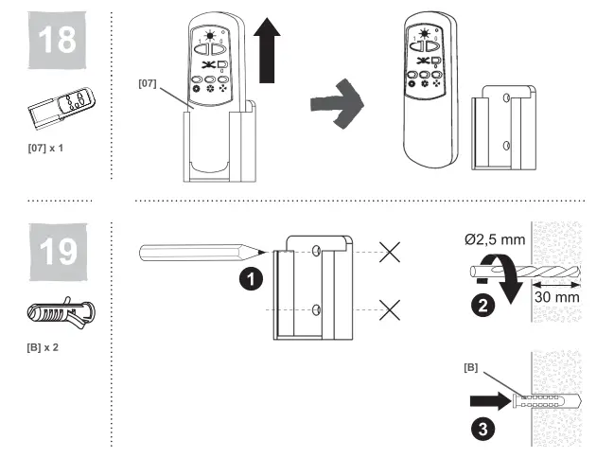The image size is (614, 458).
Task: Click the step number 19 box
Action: click(x=55, y=249)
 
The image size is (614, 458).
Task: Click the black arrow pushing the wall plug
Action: click(x=487, y=399)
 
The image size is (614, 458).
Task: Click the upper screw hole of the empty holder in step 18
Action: click(x=508, y=97)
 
